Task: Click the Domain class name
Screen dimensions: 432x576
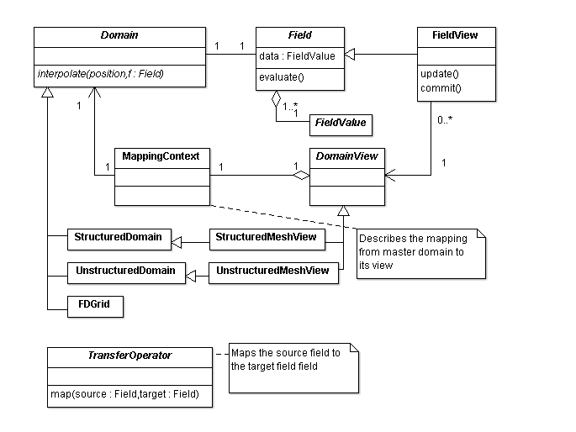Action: point(119,36)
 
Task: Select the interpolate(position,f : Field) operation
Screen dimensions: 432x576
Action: point(100,74)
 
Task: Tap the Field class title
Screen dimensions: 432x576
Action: point(299,36)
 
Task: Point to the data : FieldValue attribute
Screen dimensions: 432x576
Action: point(296,56)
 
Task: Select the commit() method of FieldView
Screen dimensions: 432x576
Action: point(440,88)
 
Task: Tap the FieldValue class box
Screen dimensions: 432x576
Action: point(340,124)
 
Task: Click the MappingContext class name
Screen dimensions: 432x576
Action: point(161,156)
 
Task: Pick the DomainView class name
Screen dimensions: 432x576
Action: point(347,156)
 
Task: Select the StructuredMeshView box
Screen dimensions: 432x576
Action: point(266,238)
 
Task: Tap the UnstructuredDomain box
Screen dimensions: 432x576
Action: point(125,271)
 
